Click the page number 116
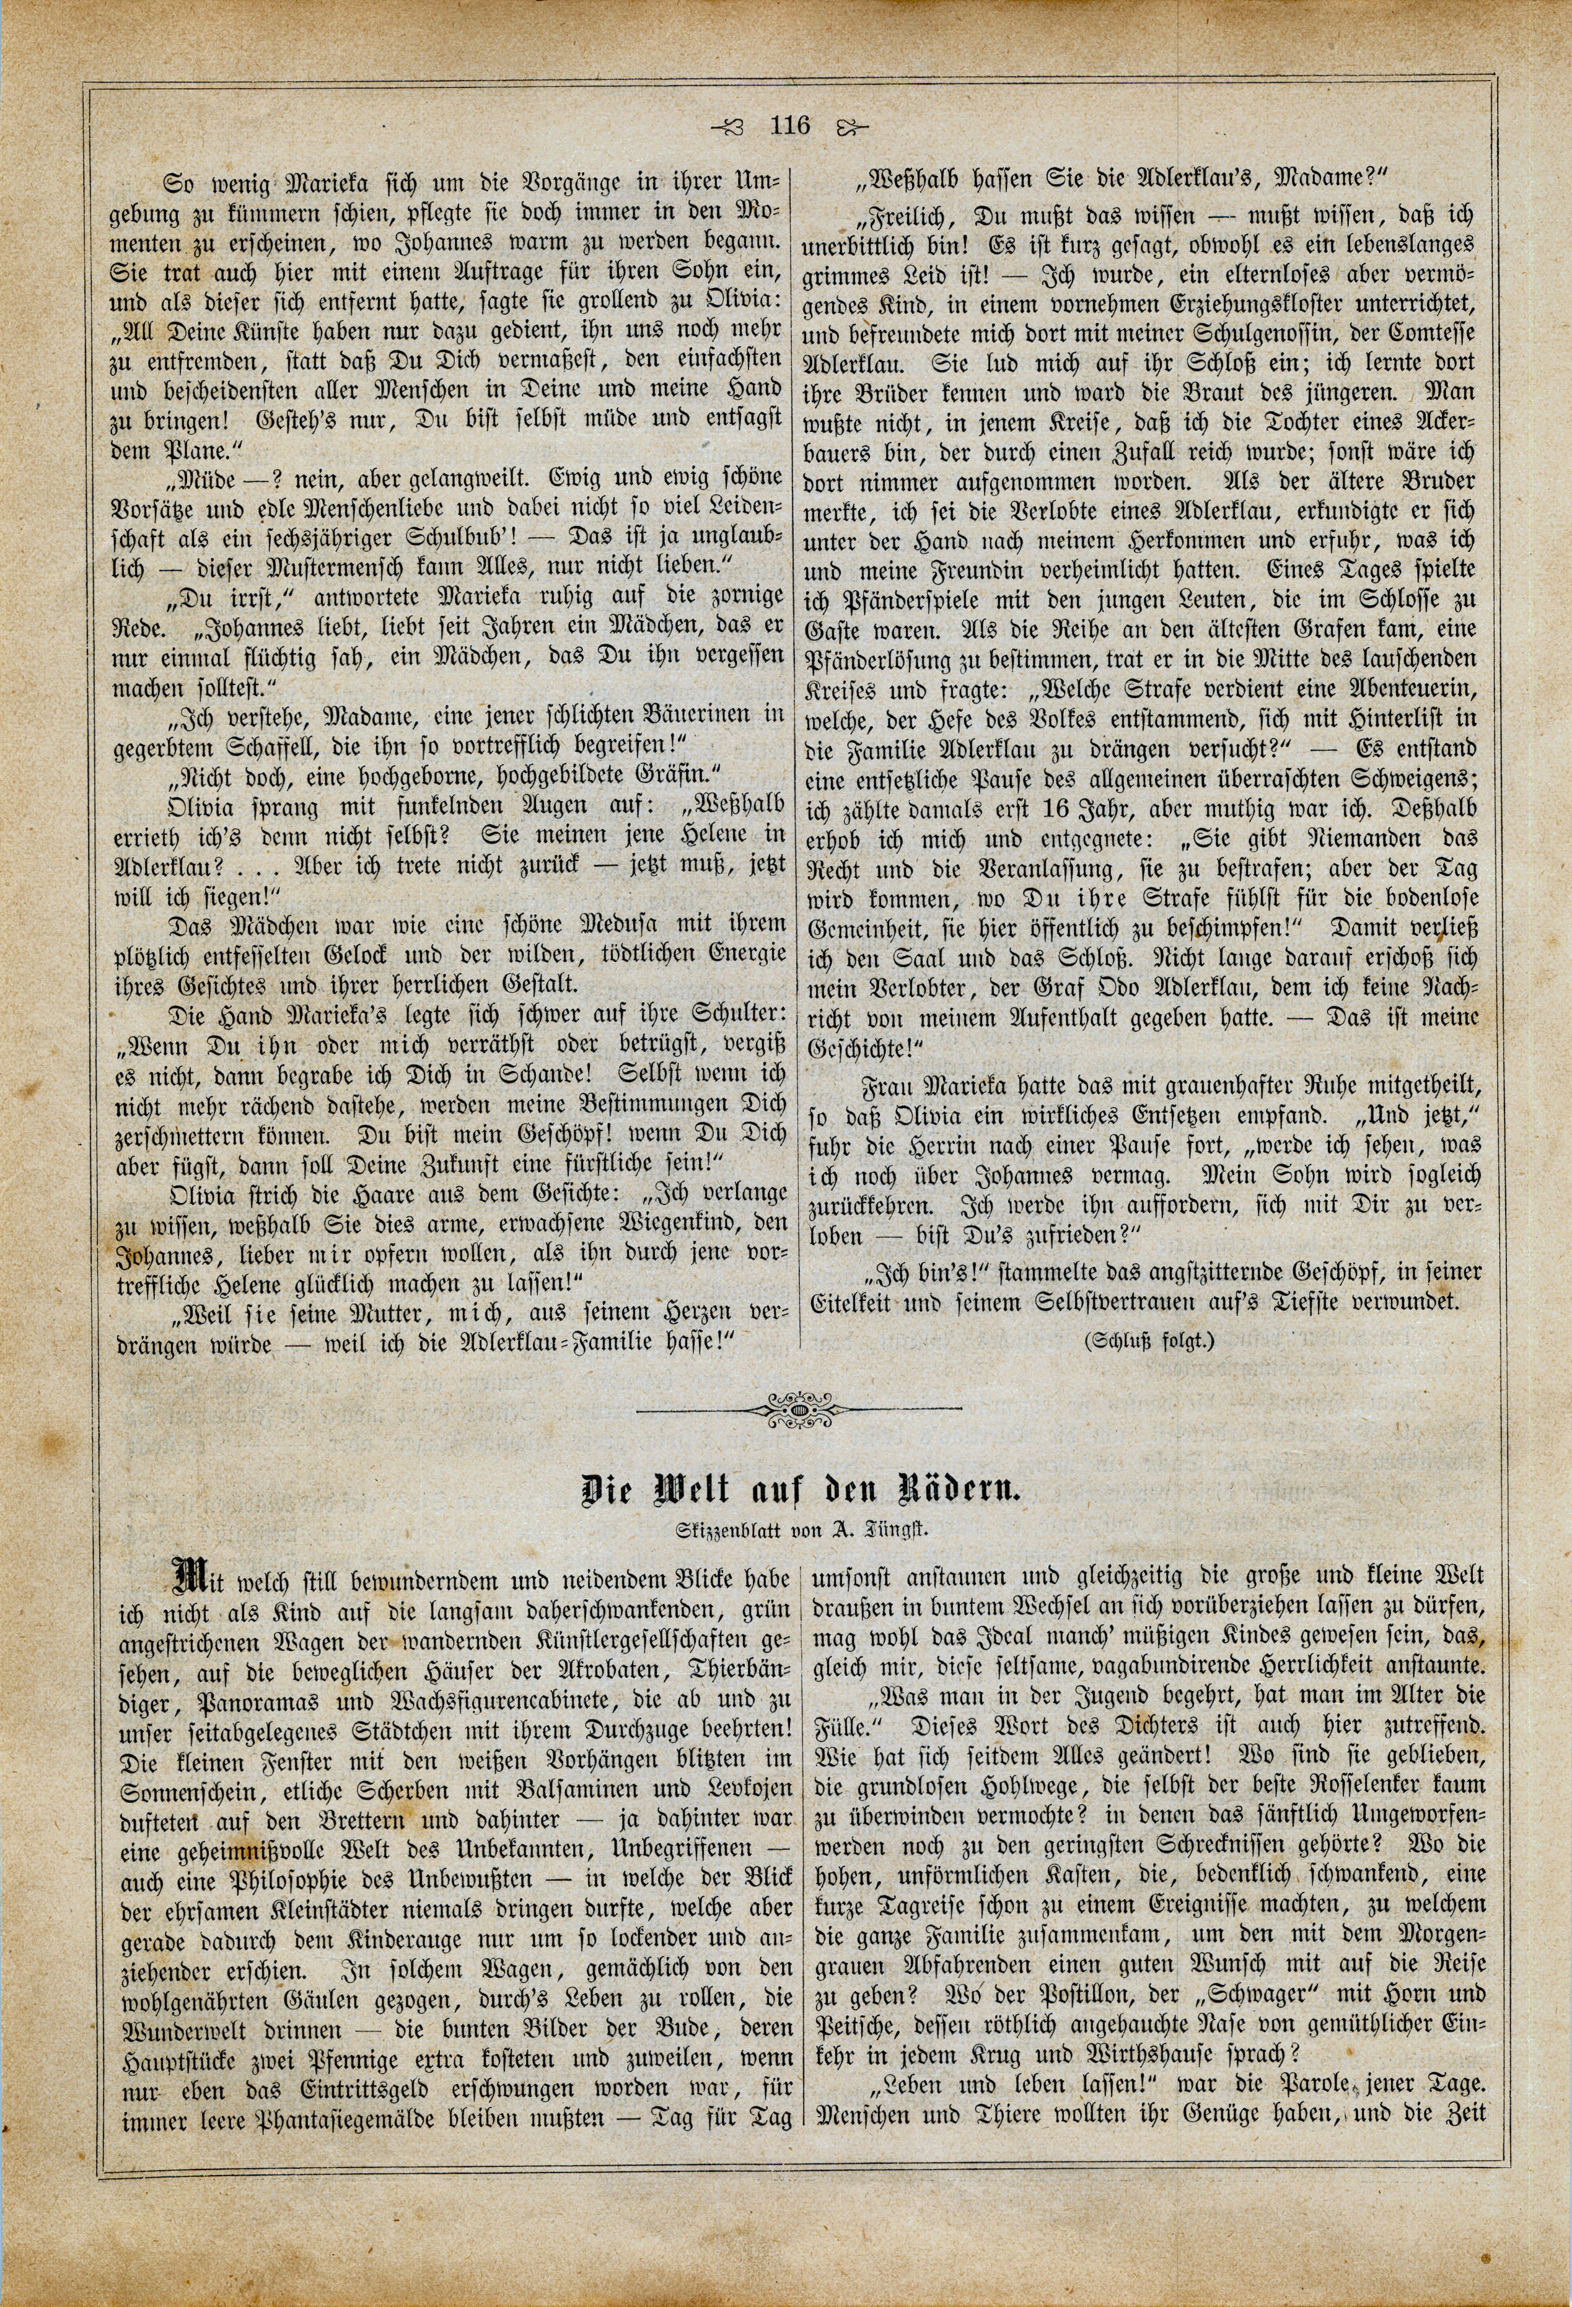pos(791,126)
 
